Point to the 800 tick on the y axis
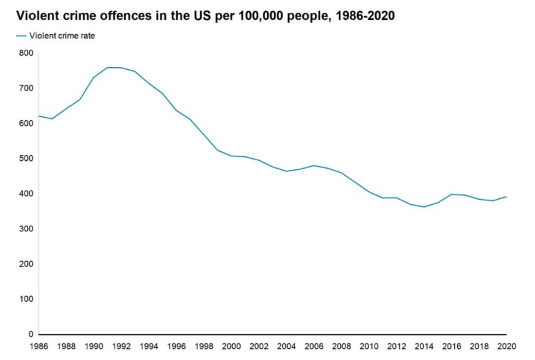point(27,53)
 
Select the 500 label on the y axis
point(27,158)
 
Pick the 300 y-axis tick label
point(27,229)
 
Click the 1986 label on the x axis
point(39,346)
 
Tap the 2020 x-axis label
point(507,346)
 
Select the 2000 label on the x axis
point(232,346)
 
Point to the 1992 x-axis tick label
point(122,346)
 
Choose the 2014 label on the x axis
point(424,346)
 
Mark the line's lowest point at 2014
point(424,207)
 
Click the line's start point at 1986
point(39,116)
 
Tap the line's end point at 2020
point(507,196)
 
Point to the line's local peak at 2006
point(314,165)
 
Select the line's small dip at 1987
point(52,118)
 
